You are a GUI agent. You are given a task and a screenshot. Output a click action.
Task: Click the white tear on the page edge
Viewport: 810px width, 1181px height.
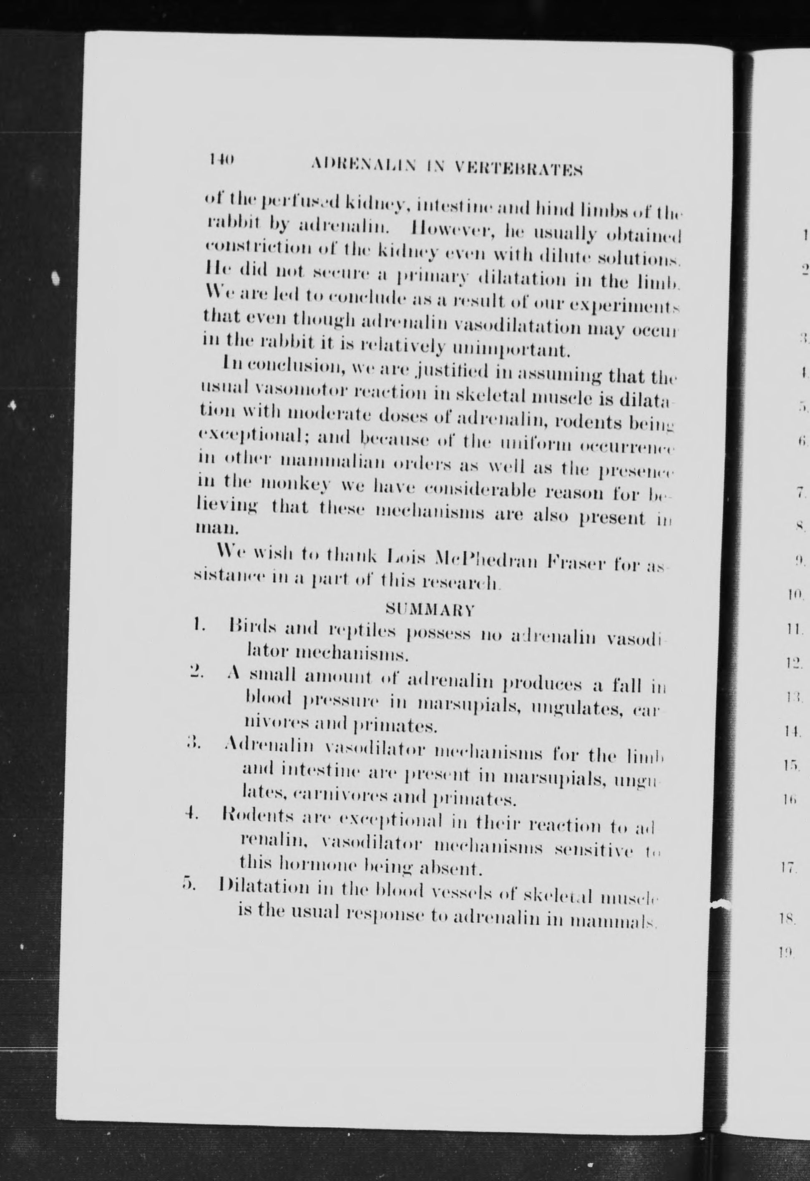(x=722, y=903)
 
